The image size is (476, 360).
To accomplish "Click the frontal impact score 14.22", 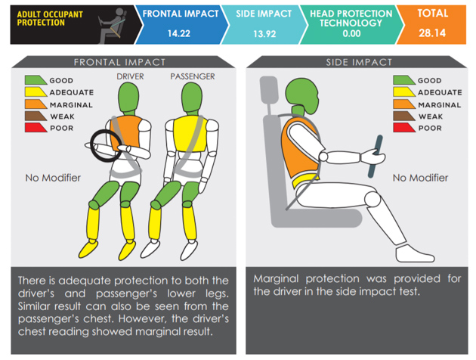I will (179, 33).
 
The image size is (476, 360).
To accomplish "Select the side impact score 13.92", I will (261, 33).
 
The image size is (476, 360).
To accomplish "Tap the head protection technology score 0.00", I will (351, 33).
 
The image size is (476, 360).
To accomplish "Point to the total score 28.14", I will (434, 33).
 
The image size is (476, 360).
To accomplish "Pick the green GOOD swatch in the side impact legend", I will (404, 80).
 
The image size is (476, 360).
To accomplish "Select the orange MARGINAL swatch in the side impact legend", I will (404, 104).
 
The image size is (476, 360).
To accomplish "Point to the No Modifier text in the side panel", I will (420, 178).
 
